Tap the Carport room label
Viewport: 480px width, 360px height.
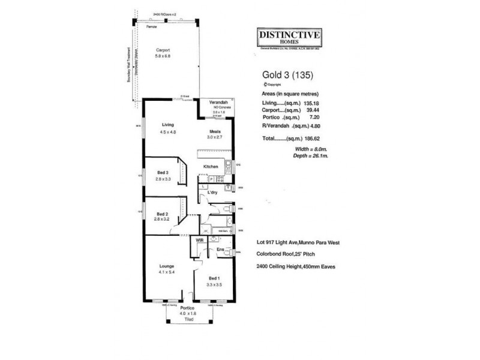tap(163, 50)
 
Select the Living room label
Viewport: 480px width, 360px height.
tap(159, 125)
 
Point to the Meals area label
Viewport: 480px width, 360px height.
tap(215, 131)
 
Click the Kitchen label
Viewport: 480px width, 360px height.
tap(210, 166)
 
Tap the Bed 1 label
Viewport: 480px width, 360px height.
tap(214, 278)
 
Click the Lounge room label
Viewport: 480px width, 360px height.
tap(167, 265)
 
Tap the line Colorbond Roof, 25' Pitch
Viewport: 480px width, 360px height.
tap(286, 254)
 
